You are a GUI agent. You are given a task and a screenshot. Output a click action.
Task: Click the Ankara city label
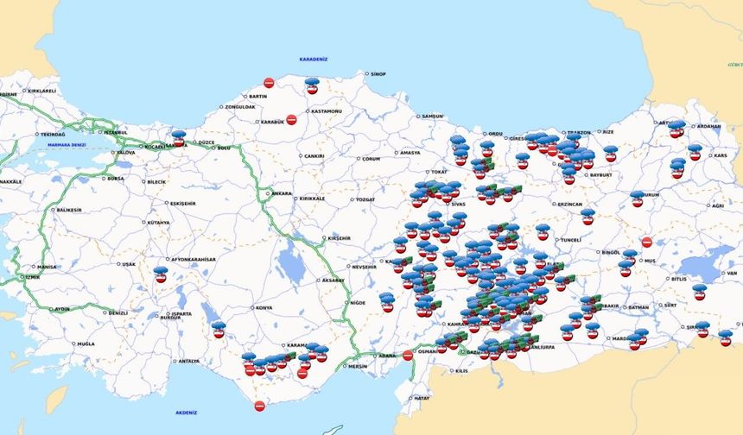(283, 193)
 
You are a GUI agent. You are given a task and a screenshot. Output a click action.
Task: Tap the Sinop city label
(378, 74)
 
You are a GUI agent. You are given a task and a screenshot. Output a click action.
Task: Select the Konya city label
(263, 307)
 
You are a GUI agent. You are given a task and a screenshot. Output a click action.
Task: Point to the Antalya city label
(188, 362)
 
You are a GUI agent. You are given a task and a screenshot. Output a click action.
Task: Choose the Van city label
(731, 273)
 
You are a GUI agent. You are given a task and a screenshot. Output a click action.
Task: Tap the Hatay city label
(422, 398)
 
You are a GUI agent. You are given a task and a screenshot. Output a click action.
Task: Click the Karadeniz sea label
(314, 60)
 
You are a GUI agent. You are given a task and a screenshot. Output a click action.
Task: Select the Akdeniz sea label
(186, 413)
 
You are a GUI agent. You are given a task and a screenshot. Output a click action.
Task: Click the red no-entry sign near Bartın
(269, 83)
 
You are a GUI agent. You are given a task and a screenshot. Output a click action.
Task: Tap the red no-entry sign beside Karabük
(291, 120)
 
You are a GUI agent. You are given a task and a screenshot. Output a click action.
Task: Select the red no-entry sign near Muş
(647, 243)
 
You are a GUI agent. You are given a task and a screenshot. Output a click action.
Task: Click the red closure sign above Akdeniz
(259, 406)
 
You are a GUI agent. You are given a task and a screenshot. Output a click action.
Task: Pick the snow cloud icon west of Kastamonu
(312, 85)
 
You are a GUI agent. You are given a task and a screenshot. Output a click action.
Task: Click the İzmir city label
(33, 277)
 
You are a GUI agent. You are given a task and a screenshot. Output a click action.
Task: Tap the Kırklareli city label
(41, 91)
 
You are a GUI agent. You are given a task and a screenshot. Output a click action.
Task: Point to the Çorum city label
(371, 159)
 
